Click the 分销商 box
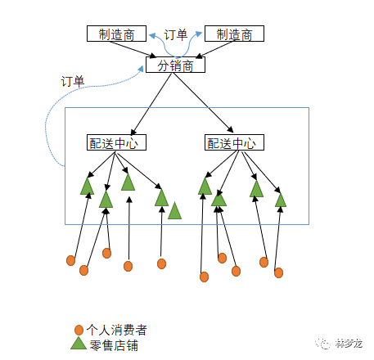click(x=173, y=65)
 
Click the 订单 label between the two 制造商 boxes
click(x=175, y=34)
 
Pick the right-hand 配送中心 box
click(x=231, y=142)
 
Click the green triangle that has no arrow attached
click(x=174, y=213)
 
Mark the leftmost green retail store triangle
click(x=87, y=187)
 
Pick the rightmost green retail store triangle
click(x=281, y=200)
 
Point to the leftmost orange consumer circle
click(x=70, y=261)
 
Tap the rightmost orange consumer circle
click(x=279, y=272)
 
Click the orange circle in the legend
click(x=79, y=330)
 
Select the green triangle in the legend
click(x=78, y=344)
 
